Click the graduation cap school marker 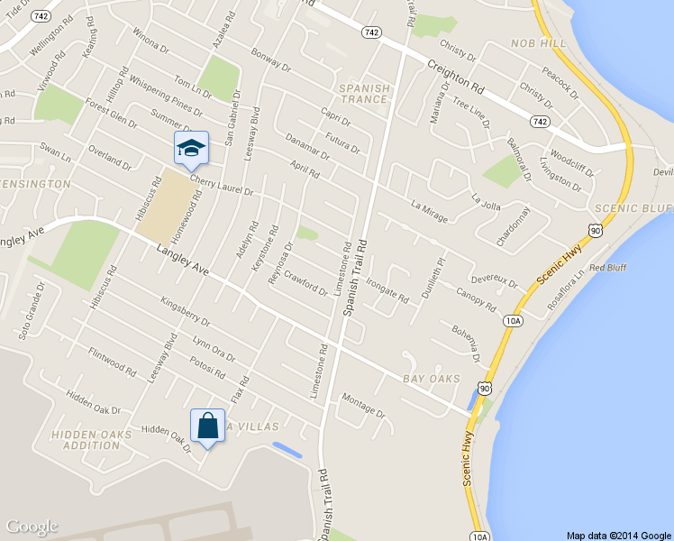[x=191, y=147]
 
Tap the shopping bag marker [x=207, y=426]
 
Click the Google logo [x=32, y=527]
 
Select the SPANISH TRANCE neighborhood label [x=365, y=93]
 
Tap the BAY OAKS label [x=432, y=379]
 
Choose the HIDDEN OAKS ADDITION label [x=93, y=440]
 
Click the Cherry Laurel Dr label [x=222, y=186]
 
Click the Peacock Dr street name [x=560, y=79]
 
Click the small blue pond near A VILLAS [x=287, y=449]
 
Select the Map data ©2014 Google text [x=619, y=535]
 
